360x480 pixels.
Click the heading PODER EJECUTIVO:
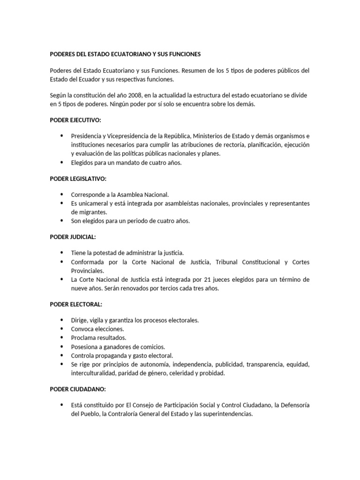point(75,120)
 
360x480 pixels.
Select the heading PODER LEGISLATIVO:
point(78,179)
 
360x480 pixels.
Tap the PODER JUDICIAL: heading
point(73,237)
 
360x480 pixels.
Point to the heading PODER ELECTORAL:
point(76,305)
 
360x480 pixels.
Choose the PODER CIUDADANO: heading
point(77,389)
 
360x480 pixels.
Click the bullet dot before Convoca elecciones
point(62,329)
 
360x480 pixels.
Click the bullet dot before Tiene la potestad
point(62,253)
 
